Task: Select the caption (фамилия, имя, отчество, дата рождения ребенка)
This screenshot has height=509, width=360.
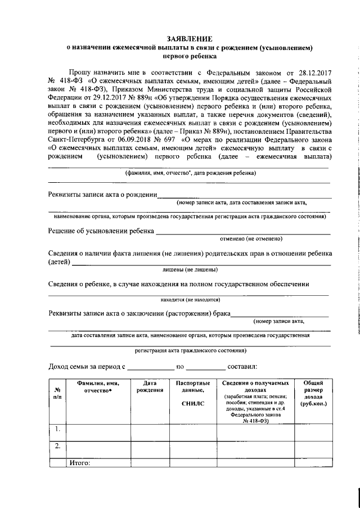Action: (190, 173)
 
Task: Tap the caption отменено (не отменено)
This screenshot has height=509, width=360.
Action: (247, 239)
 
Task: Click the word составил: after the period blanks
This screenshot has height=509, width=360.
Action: (242, 367)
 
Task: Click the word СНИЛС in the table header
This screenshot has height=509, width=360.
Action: (193, 403)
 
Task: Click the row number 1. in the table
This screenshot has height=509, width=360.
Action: (57, 430)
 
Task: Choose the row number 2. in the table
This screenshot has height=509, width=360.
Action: (57, 447)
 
